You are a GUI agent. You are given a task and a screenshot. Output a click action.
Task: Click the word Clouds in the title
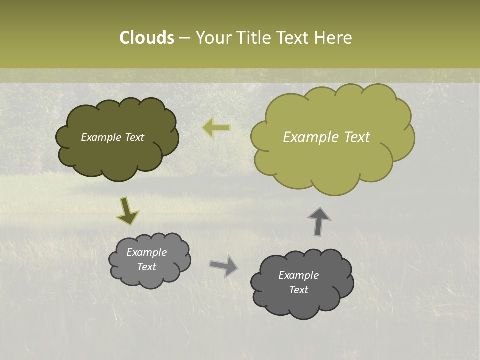pyautogui.click(x=147, y=38)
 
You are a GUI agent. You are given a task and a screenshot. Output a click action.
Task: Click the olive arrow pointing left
pyautogui.click(x=216, y=128)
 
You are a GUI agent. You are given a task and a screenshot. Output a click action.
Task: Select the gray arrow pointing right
pyautogui.click(x=223, y=265)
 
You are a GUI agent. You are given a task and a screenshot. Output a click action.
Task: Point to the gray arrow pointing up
pyautogui.click(x=319, y=221)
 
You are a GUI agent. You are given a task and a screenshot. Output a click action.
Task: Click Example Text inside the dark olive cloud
pyautogui.click(x=112, y=137)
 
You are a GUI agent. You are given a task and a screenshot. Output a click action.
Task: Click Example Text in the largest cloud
pyautogui.click(x=326, y=137)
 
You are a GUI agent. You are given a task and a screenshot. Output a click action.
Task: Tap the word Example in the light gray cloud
pyautogui.click(x=146, y=252)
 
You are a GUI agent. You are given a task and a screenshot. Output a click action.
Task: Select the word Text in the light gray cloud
pyautogui.click(x=146, y=267)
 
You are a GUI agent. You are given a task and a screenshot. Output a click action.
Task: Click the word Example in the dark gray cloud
pyautogui.click(x=298, y=275)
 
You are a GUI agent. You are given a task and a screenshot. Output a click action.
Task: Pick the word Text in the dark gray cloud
pyautogui.click(x=298, y=290)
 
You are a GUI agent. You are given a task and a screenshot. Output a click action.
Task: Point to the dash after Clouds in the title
pyautogui.click(x=184, y=38)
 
